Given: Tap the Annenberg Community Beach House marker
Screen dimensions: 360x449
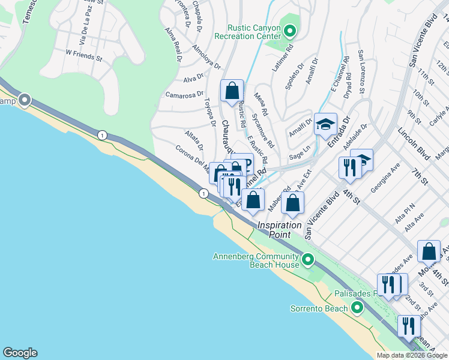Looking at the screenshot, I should (x=308, y=260).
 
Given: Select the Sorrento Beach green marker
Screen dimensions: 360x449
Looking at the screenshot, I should (x=357, y=308).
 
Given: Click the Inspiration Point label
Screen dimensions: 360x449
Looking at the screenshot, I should (x=280, y=230).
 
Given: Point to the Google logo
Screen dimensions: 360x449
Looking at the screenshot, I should (x=20, y=353).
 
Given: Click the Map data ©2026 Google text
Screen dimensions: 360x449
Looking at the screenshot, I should (x=411, y=355).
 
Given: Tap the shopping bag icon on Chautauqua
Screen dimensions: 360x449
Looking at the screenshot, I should (x=232, y=91).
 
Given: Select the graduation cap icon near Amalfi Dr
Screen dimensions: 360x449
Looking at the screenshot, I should (x=325, y=125).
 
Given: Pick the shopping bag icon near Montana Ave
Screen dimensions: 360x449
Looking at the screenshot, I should (x=430, y=253).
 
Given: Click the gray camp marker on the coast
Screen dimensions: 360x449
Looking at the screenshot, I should (x=25, y=100).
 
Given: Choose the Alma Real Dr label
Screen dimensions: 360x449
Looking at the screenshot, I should (x=175, y=44).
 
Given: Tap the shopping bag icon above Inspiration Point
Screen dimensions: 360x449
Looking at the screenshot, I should (x=292, y=204).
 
